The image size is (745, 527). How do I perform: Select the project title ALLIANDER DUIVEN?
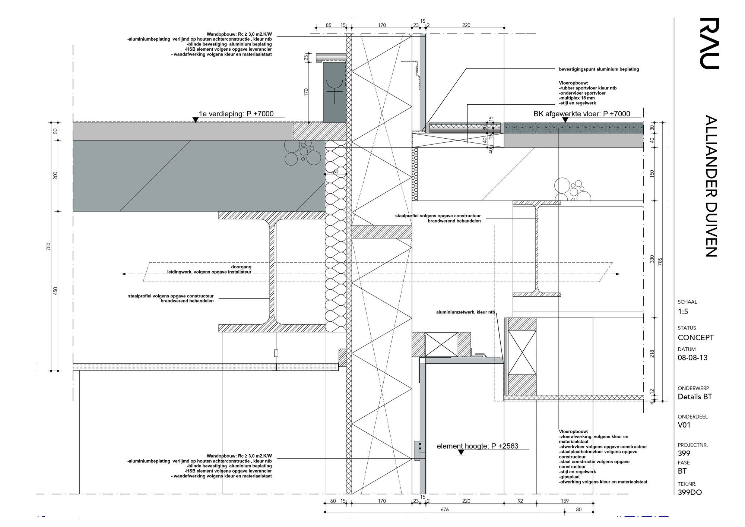[x=711, y=186]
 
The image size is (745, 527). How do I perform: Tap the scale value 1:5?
[x=683, y=312]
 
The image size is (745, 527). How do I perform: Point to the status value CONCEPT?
[x=695, y=338]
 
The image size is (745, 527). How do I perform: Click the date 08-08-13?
[x=692, y=358]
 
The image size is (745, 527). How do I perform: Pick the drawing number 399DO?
[x=689, y=492]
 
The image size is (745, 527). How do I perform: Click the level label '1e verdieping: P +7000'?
[x=236, y=114]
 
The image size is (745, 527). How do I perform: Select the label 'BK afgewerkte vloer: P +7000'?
[x=582, y=114]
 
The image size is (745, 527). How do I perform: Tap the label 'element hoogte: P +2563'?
[x=478, y=446]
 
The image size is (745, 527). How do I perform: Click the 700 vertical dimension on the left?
[x=48, y=246]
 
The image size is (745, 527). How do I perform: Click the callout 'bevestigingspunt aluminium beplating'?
[x=599, y=69]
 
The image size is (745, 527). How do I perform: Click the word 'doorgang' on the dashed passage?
[x=241, y=267]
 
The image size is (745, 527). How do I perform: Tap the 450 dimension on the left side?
[x=56, y=291]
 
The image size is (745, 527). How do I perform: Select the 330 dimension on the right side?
[x=652, y=259]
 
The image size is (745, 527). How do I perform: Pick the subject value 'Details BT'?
[x=695, y=397]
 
